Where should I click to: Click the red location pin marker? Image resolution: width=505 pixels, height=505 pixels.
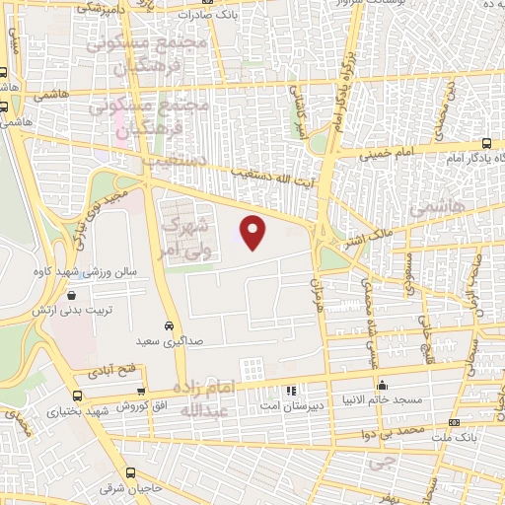coord(253,232)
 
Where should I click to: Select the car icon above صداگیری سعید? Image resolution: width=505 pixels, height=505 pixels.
coord(169,325)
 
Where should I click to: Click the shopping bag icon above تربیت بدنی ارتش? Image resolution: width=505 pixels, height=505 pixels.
coord(70,294)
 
